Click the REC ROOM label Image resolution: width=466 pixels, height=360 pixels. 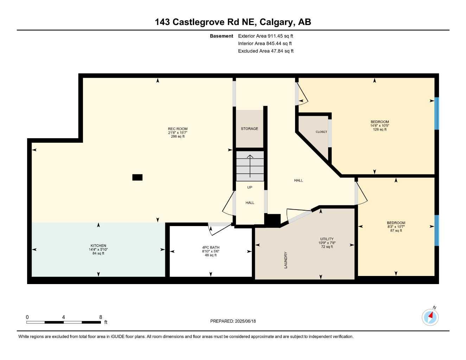coord(178,129)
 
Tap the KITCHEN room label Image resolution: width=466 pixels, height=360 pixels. coord(98,246)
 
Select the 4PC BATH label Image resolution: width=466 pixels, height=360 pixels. coord(211,247)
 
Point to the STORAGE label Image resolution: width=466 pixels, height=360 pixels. coord(249,129)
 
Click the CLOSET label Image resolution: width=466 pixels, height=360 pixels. coord(321,132)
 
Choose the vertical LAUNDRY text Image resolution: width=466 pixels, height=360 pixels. coord(286,260)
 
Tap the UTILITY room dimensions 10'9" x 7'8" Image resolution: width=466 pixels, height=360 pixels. coord(327,243)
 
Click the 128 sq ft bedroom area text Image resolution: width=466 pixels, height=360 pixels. coord(379,129)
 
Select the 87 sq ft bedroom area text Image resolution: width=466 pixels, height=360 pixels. coord(396,231)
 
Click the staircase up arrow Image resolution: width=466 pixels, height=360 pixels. coord(250,166)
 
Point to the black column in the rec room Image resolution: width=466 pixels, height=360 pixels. coord(137,178)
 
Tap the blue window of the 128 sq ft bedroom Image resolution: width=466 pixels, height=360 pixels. coord(436,114)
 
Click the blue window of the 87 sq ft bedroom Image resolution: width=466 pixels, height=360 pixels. coord(436,231)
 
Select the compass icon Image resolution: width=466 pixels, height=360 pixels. coord(430,317)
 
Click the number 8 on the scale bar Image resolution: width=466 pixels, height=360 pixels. coord(101,317)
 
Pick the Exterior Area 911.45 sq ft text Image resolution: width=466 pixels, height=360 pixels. coord(266,36)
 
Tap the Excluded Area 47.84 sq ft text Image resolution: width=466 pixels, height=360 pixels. coord(266,51)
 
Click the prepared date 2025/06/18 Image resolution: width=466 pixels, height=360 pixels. coord(245,321)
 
